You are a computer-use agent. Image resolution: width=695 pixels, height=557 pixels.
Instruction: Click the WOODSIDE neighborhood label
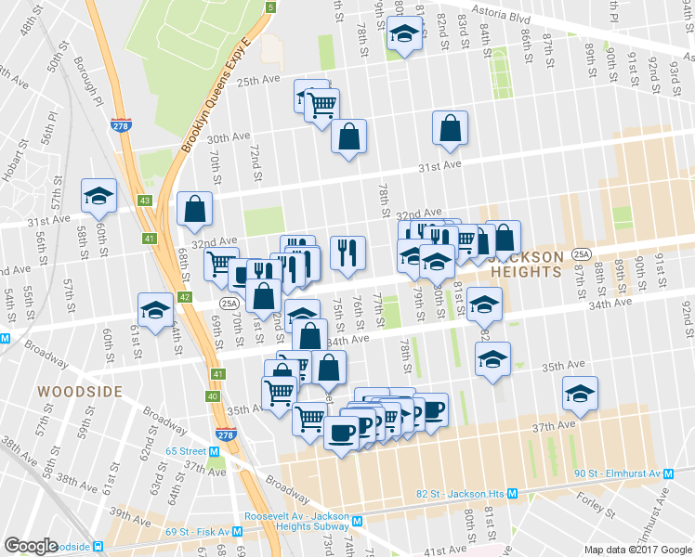click(x=80, y=392)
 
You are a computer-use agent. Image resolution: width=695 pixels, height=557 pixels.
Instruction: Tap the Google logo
click(x=31, y=546)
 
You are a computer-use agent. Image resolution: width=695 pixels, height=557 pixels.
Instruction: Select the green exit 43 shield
click(x=146, y=201)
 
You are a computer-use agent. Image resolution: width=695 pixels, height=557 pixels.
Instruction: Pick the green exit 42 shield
click(x=185, y=297)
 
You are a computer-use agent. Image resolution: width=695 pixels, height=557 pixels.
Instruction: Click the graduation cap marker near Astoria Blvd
click(x=402, y=36)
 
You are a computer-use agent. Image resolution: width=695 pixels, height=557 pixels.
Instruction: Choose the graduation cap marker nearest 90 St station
click(x=581, y=394)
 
